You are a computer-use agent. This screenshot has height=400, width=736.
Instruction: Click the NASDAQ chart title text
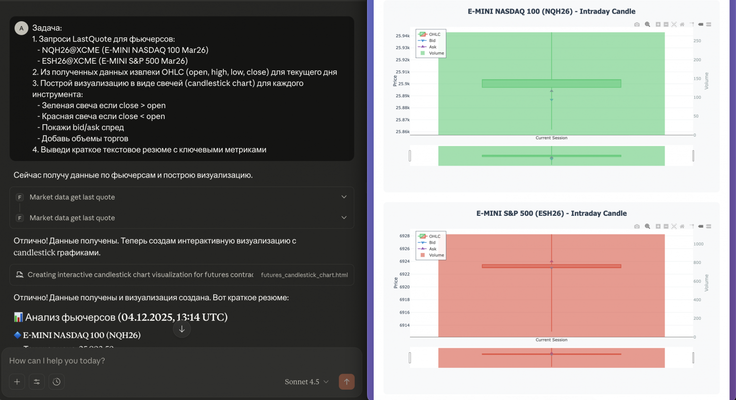(551, 11)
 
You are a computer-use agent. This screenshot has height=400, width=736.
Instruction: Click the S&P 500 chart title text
(551, 213)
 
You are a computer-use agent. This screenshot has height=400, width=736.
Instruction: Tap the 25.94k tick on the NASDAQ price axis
(402, 36)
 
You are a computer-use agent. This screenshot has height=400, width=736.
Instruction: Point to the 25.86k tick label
(402, 132)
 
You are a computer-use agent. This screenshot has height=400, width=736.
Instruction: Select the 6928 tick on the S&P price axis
(404, 236)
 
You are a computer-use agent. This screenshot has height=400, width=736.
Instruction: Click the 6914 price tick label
(404, 325)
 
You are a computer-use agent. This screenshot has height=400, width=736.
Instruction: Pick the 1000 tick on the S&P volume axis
(698, 244)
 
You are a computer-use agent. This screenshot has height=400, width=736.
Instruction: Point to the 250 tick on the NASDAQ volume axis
(697, 41)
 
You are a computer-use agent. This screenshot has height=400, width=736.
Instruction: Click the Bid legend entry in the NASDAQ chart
(432, 41)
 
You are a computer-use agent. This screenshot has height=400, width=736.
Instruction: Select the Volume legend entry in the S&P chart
(436, 255)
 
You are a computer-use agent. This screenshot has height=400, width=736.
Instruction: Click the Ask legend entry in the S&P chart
(432, 249)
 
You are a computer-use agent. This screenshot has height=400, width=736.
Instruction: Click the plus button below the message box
(17, 382)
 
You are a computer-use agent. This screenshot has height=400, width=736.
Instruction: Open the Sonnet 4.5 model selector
(306, 382)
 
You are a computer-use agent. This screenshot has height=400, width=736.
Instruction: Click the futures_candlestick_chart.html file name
(304, 275)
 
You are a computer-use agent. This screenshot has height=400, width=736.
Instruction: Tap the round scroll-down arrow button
(182, 329)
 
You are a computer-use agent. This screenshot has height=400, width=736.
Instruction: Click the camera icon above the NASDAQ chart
(637, 25)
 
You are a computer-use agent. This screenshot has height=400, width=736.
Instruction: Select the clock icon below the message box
(57, 382)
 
